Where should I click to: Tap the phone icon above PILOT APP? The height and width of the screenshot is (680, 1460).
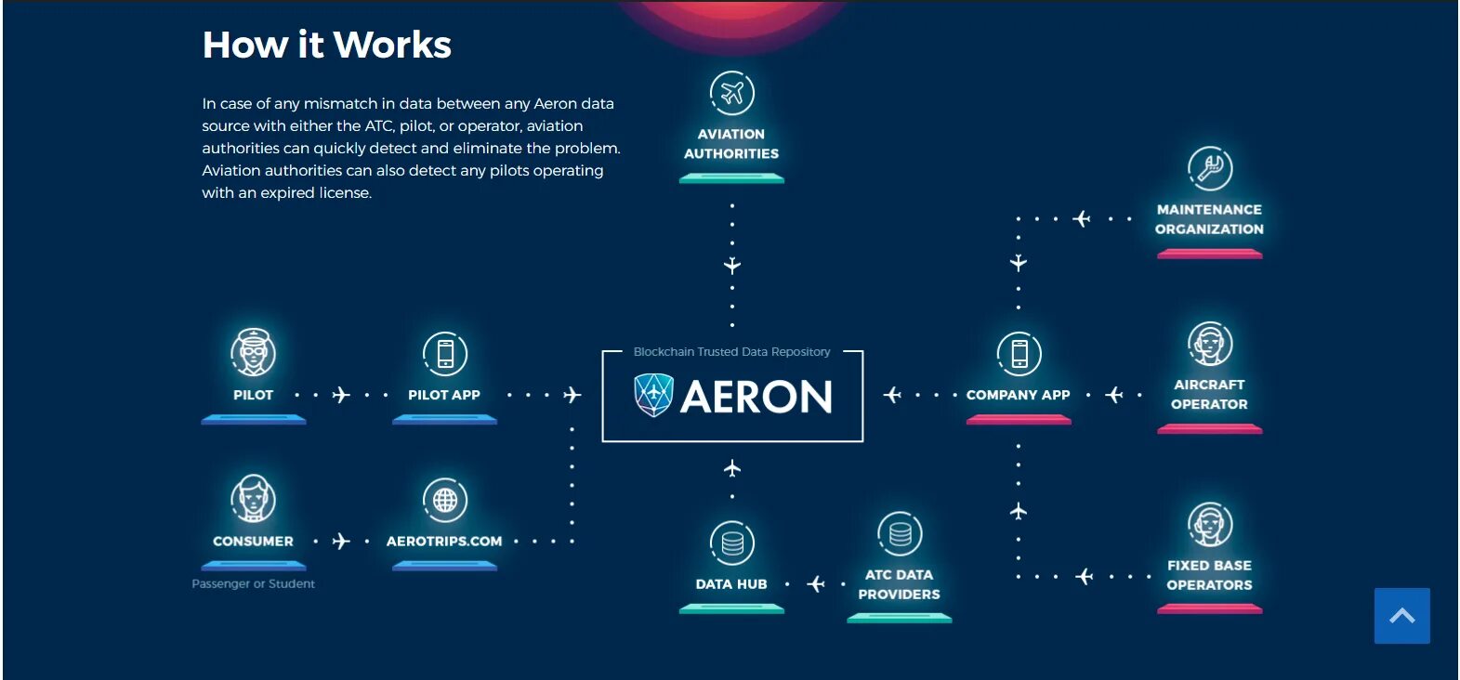click(445, 353)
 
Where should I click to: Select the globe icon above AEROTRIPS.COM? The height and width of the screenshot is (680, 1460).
click(445, 500)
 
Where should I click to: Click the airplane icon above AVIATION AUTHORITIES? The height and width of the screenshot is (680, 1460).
click(732, 93)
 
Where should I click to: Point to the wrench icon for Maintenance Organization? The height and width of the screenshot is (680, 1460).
click(1209, 168)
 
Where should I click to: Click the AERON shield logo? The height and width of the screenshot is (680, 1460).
click(653, 395)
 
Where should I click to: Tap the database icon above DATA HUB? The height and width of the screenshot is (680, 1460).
click(732, 543)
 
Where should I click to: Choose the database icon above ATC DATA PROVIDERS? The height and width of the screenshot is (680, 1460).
click(900, 534)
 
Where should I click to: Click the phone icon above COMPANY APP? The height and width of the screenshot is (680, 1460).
click(1019, 353)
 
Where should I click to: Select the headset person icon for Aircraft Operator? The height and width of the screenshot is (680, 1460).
click(1209, 344)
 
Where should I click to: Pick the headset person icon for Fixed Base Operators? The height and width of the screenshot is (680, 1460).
click(1209, 524)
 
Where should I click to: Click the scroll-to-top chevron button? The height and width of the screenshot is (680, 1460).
click(1401, 615)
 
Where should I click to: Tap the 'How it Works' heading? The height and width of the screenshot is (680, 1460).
click(326, 45)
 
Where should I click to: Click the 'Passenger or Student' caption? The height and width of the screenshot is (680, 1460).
click(253, 583)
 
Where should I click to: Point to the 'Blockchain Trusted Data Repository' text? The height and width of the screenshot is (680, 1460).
click(731, 351)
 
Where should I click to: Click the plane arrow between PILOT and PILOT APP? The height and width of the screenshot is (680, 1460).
click(341, 395)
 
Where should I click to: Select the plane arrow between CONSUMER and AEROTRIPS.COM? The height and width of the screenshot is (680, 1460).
click(341, 541)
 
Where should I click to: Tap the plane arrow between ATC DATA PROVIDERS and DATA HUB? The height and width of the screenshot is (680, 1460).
click(816, 583)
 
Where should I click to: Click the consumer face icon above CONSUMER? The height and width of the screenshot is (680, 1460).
click(253, 498)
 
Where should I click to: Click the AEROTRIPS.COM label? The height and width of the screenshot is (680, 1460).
click(444, 541)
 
